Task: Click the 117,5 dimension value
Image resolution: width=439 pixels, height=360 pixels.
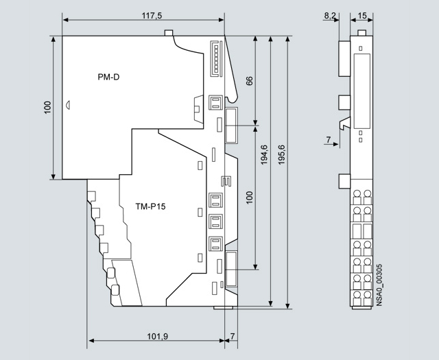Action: click(152, 15)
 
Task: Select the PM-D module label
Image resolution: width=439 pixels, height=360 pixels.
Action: click(108, 77)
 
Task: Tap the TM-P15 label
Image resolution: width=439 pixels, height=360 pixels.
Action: click(150, 206)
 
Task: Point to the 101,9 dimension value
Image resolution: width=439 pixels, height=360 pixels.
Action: click(157, 336)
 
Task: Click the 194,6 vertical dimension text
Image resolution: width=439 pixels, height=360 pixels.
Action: click(264, 154)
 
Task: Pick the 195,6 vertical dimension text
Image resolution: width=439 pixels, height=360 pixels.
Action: click(281, 154)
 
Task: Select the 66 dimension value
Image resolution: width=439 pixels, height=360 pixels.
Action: click(249, 81)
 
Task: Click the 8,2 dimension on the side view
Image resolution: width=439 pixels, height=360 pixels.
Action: click(330, 16)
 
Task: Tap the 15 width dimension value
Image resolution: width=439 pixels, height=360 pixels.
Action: click(362, 16)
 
